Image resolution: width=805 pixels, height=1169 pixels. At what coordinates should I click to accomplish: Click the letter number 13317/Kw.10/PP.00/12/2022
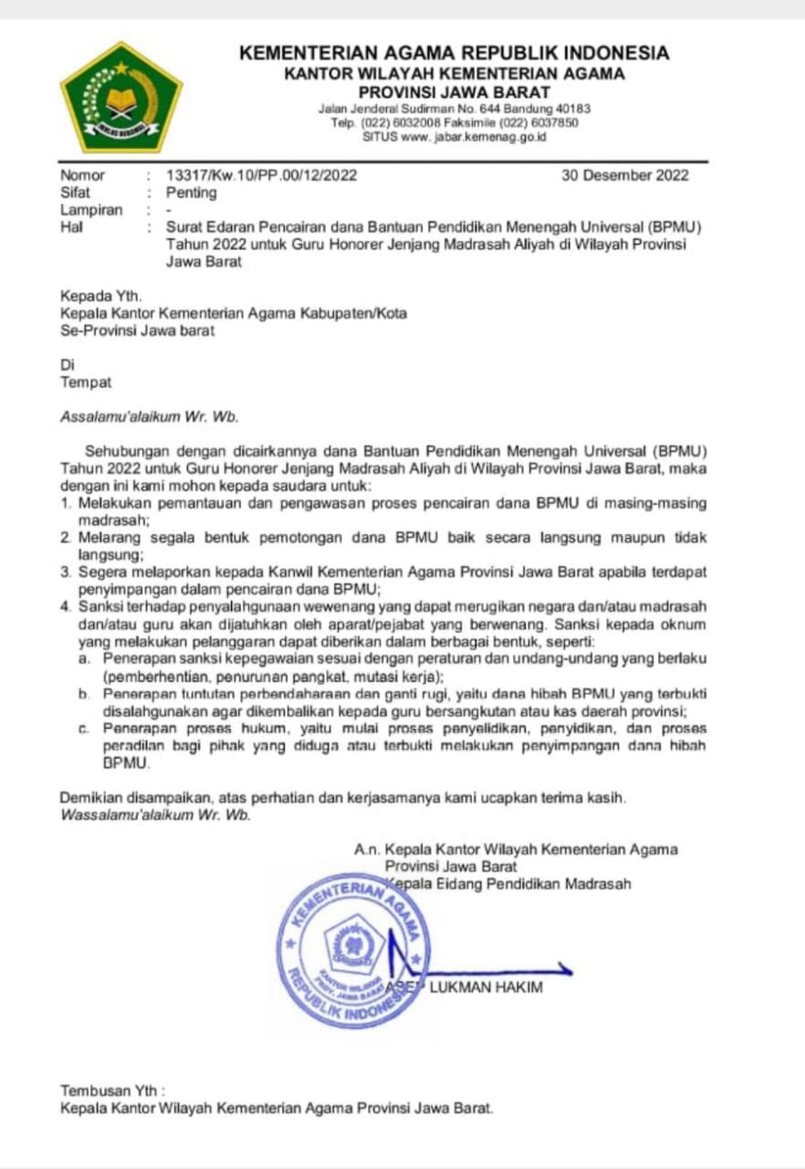click(261, 175)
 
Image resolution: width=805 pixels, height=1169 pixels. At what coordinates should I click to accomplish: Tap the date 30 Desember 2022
click(625, 175)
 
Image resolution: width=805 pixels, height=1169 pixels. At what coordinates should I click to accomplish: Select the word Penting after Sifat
click(191, 193)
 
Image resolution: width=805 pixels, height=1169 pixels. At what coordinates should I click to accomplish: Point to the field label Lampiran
click(91, 210)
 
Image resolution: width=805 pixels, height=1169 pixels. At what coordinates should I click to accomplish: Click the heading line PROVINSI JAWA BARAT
click(454, 92)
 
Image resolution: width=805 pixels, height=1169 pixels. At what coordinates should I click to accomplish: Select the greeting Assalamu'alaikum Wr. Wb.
click(149, 416)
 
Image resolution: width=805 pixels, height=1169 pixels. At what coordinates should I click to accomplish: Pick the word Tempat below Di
click(86, 383)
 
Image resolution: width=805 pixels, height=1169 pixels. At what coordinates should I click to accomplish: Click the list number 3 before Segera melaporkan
click(66, 573)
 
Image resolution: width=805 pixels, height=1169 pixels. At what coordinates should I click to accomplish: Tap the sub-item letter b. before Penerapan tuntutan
click(84, 695)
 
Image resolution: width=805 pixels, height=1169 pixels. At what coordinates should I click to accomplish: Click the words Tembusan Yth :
click(113, 1090)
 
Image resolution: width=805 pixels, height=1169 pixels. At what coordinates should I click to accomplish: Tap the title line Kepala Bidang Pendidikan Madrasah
click(509, 884)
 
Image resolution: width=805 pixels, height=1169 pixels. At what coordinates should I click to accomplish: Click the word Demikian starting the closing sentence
click(89, 798)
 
